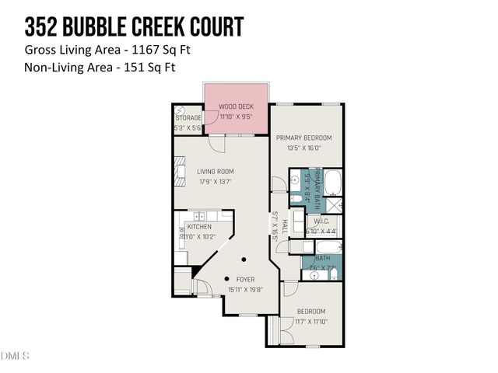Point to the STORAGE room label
(x=188, y=118)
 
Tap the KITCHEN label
(x=198, y=227)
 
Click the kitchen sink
(x=200, y=215)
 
